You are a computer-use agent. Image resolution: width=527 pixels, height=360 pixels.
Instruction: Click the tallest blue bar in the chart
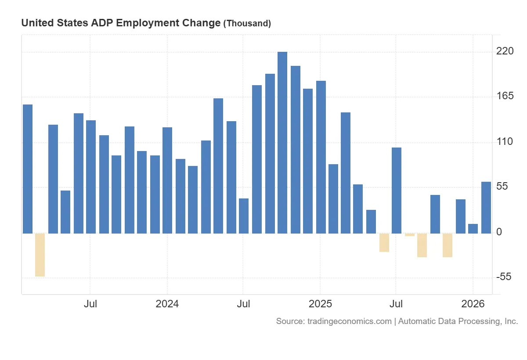282,143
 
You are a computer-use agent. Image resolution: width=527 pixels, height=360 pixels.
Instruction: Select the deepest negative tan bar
40,255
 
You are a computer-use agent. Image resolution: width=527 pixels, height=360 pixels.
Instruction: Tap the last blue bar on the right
486,207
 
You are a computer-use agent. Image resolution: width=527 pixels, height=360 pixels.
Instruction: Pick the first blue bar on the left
28,169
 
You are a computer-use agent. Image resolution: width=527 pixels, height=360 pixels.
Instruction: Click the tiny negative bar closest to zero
410,235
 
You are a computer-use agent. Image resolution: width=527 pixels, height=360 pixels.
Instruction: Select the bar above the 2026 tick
473,228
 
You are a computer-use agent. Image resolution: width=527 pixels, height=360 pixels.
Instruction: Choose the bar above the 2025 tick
321,157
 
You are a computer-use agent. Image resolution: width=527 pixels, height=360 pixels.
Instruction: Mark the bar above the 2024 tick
167,180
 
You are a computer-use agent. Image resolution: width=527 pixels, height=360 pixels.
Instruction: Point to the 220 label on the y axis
505,51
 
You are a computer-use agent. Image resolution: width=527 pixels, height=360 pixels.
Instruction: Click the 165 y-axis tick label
505,96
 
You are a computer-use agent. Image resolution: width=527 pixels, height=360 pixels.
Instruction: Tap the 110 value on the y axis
505,142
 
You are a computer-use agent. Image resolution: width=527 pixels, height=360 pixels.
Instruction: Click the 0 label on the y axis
499,232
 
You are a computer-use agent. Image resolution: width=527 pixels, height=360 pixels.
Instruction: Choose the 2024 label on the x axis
167,304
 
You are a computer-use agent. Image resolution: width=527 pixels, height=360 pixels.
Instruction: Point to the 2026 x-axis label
473,304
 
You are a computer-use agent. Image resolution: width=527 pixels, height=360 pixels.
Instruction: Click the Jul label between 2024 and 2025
243,304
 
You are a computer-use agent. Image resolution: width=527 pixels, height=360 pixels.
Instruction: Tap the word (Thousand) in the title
247,24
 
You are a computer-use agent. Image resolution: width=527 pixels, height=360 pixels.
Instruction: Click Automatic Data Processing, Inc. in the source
458,321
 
